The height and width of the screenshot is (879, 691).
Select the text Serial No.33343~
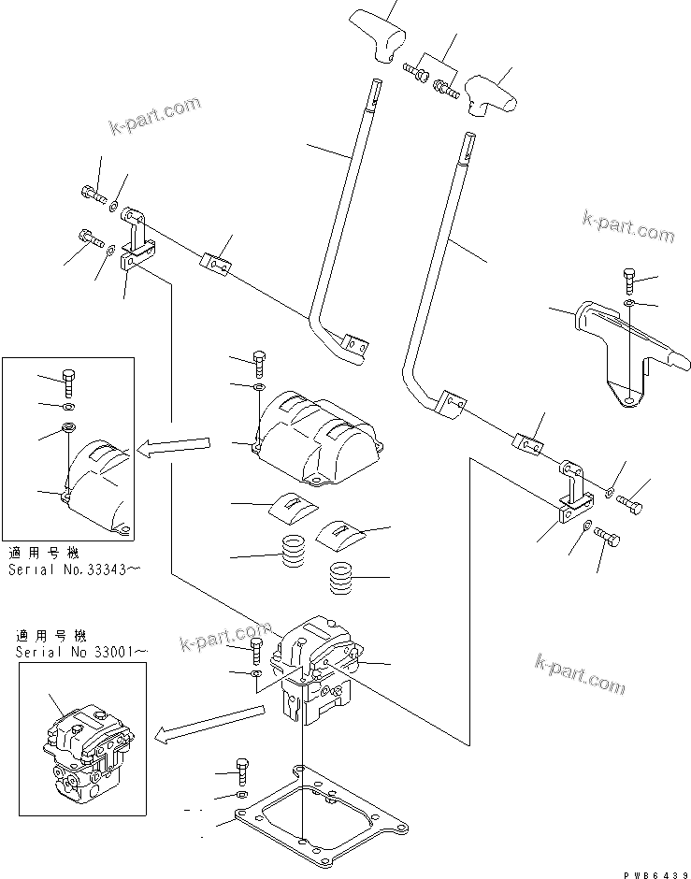click(73, 569)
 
